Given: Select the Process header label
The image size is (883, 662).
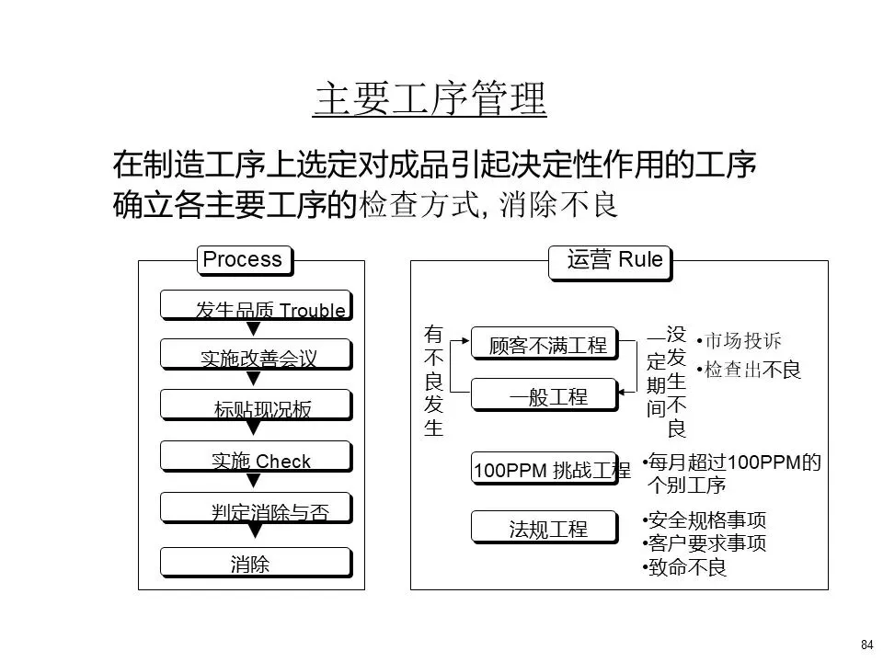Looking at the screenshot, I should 243,260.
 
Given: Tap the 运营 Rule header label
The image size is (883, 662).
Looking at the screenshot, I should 610,260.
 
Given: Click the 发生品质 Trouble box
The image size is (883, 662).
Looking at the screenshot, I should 255,305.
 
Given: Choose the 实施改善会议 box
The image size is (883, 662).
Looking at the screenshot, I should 255,355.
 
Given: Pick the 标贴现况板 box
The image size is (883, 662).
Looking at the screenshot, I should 255,405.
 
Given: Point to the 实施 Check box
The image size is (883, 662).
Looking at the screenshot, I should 255,457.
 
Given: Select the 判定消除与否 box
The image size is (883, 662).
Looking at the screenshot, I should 255,508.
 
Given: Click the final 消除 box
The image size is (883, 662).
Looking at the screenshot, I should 255,562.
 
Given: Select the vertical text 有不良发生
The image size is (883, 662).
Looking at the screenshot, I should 433,380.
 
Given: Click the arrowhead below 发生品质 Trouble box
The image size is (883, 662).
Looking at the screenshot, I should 255,328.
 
